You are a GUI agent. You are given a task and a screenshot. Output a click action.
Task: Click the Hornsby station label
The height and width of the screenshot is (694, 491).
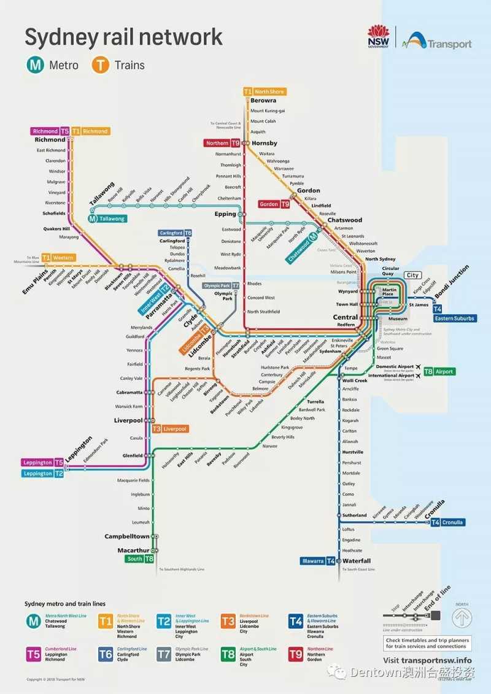pos(265,143)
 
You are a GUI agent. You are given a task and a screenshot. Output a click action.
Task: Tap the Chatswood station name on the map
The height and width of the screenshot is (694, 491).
pos(344,220)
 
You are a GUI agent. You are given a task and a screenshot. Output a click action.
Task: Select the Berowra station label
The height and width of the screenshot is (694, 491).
pos(263,100)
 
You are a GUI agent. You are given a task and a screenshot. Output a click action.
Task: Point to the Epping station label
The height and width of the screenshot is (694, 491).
pos(225,214)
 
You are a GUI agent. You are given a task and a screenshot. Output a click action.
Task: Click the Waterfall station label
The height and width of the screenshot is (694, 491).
pos(357,561)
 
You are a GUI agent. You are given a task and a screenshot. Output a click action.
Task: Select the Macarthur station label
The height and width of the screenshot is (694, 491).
pos(133,550)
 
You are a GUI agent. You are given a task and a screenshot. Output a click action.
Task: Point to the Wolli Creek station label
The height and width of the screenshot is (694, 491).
pos(355,380)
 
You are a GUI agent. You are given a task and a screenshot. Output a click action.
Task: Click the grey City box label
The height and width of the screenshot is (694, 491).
pos(412,276)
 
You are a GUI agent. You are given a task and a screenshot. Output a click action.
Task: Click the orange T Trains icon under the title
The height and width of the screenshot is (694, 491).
pos(99,64)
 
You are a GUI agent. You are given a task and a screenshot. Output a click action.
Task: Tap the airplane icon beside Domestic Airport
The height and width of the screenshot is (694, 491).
pos(419,367)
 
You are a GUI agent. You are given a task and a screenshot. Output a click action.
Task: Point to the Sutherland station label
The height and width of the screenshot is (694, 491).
pos(354,515)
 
